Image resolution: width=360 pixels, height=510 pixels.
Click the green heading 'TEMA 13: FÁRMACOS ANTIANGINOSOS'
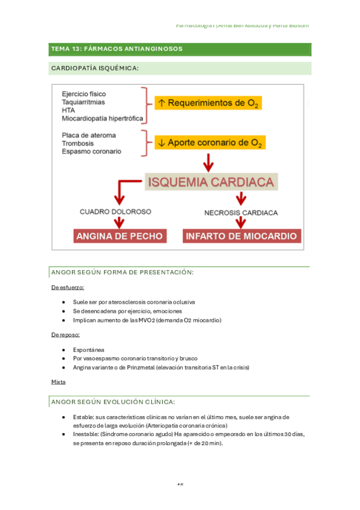click(x=117, y=49)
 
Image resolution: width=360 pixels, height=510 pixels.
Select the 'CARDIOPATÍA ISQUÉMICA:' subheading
click(x=95, y=69)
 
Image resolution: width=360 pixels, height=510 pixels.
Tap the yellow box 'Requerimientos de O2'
click(x=207, y=103)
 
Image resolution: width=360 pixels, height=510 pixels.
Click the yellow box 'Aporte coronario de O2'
click(x=210, y=143)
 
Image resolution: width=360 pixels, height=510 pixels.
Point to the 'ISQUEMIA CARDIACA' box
click(x=209, y=182)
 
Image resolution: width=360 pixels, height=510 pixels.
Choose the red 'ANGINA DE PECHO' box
click(x=119, y=236)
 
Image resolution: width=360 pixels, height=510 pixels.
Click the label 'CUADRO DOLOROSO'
click(x=115, y=212)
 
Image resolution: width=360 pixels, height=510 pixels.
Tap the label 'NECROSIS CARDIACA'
click(x=240, y=212)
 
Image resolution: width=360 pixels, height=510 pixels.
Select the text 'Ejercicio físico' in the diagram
click(x=84, y=94)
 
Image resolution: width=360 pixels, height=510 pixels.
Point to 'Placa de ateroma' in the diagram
click(x=88, y=135)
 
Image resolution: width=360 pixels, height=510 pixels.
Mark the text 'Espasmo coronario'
click(x=91, y=152)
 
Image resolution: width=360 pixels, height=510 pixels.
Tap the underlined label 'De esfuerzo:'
click(x=67, y=287)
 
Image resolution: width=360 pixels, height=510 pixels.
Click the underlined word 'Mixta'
click(x=59, y=381)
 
